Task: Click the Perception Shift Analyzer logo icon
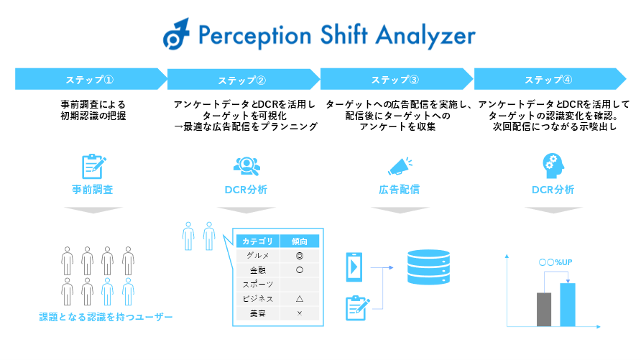176,34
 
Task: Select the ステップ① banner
90,79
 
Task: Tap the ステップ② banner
242,79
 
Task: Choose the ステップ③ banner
395,79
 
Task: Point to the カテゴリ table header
258,241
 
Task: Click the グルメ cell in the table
258,255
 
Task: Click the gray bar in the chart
544,310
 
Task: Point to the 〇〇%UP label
555,263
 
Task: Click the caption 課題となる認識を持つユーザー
106,316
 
